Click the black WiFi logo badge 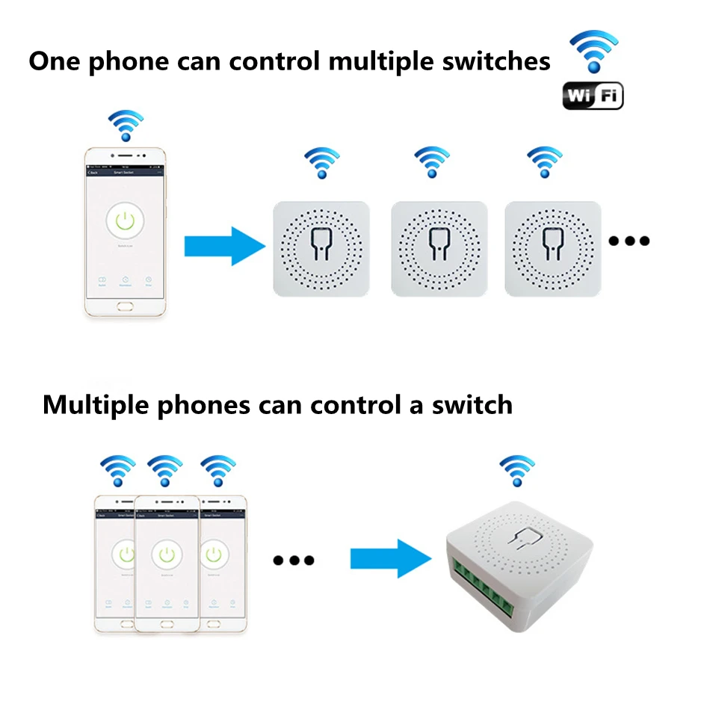click(593, 96)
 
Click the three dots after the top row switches click(629, 241)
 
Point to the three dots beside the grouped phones click(294, 560)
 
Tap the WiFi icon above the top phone click(126, 126)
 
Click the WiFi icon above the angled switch click(516, 472)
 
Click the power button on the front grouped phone click(167, 555)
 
